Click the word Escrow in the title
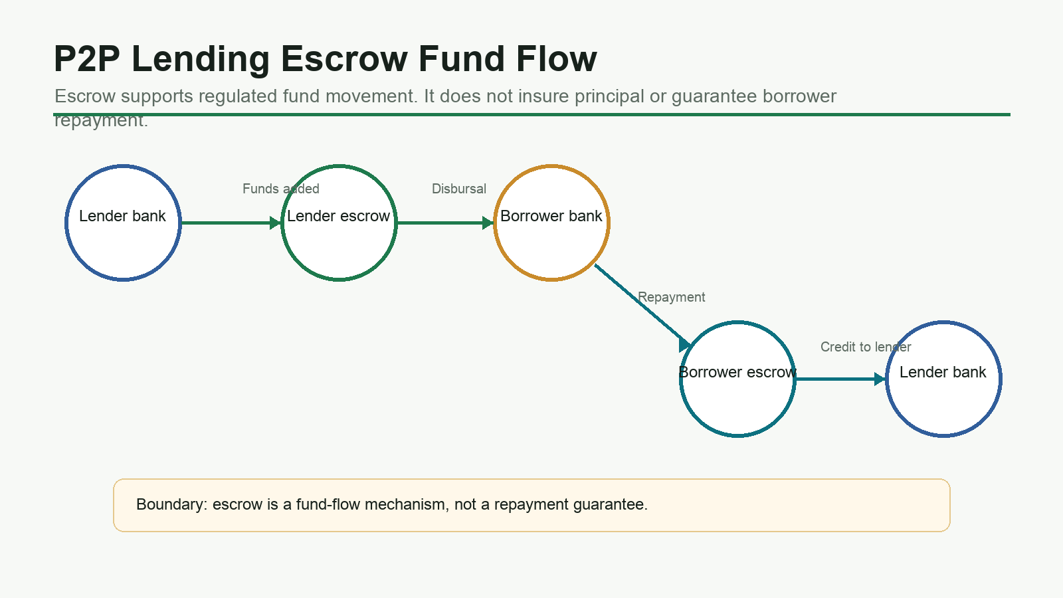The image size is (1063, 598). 344,59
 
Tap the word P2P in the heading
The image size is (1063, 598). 87,59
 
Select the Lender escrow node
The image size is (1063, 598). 339,223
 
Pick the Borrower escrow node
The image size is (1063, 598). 737,379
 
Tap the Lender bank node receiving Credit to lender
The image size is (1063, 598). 943,379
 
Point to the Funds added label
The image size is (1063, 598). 281,189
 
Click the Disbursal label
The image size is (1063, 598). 459,189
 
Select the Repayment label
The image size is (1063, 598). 672,298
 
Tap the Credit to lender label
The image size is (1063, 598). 866,347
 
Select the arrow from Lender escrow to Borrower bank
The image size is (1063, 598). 446,223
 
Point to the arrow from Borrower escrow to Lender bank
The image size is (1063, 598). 841,379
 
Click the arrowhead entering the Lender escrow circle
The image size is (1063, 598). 275,223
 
